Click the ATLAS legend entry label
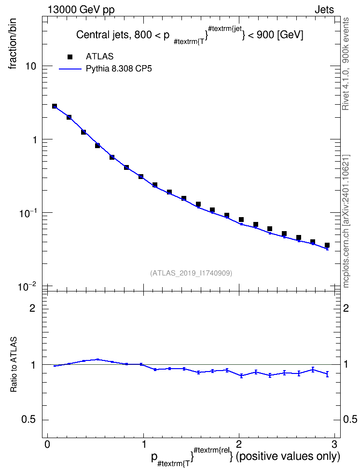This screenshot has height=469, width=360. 99,56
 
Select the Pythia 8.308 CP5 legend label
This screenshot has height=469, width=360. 119,69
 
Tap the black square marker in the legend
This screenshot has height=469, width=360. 70,56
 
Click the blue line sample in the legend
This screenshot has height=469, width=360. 70,69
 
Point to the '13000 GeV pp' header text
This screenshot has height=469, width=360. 81,10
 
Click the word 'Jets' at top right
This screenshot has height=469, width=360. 324,10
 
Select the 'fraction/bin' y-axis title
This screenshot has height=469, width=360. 13,44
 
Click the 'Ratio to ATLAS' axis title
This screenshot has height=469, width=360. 14,365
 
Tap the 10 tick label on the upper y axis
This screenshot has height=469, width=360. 30,67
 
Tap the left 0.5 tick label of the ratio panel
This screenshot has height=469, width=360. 29,420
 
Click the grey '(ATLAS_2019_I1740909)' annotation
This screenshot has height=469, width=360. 191,273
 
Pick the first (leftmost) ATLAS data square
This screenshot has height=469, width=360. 55,106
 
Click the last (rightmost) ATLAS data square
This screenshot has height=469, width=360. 327,245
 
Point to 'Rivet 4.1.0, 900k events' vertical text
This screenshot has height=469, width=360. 346,64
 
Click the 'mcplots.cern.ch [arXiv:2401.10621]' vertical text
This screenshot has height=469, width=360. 346,221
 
